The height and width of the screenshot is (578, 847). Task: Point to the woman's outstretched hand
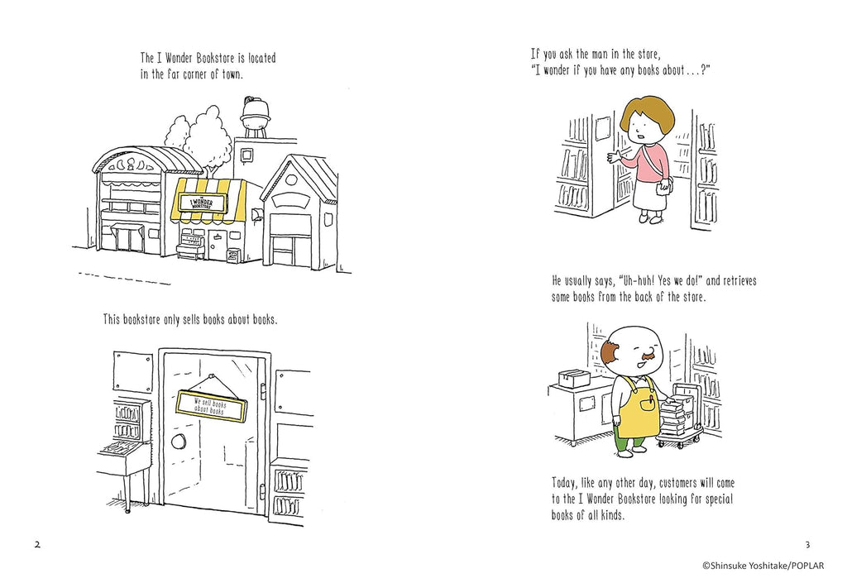pyautogui.click(x=615, y=158)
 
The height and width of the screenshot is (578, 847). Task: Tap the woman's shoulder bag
pyautogui.click(x=664, y=188)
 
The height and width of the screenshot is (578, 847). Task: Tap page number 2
pyautogui.click(x=37, y=544)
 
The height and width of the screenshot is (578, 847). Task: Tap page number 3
pyautogui.click(x=807, y=544)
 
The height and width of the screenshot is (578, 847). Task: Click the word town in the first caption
pyautogui.click(x=232, y=74)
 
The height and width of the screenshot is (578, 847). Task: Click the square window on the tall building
pyautogui.click(x=246, y=155)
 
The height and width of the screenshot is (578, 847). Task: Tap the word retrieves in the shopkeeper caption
pyautogui.click(x=739, y=281)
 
